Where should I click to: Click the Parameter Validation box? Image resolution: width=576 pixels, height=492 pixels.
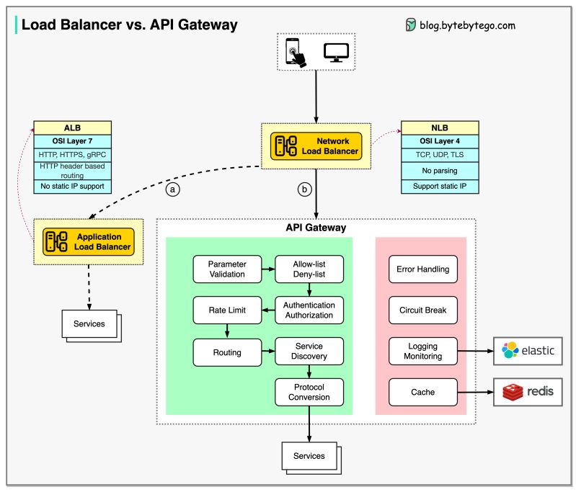pyautogui.click(x=227, y=269)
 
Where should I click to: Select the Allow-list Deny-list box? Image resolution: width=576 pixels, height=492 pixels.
pyautogui.click(x=309, y=269)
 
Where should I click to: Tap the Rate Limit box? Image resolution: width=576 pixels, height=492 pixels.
pyautogui.click(x=227, y=310)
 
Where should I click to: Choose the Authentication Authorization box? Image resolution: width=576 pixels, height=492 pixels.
pyautogui.click(x=309, y=310)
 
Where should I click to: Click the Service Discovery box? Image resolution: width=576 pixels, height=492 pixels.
pyautogui.click(x=309, y=352)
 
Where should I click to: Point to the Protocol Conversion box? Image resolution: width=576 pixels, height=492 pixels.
pyautogui.click(x=309, y=393)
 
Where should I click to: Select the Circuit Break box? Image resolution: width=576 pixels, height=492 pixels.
pyautogui.click(x=422, y=310)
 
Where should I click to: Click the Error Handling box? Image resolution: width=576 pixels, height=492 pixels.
pyautogui.click(x=422, y=269)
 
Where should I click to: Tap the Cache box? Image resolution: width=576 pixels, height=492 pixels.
pyautogui.click(x=422, y=393)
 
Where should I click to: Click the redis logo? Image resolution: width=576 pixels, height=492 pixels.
pyautogui.click(x=528, y=393)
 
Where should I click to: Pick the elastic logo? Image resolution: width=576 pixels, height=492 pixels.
pyautogui.click(x=528, y=351)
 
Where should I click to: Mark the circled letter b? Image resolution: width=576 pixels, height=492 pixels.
pyautogui.click(x=304, y=190)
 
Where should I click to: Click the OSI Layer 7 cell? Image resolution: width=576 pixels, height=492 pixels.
pyautogui.click(x=72, y=140)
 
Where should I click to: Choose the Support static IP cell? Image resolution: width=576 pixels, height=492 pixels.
pyautogui.click(x=440, y=187)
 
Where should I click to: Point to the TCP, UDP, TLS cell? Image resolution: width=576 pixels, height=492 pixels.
pyautogui.click(x=440, y=155)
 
